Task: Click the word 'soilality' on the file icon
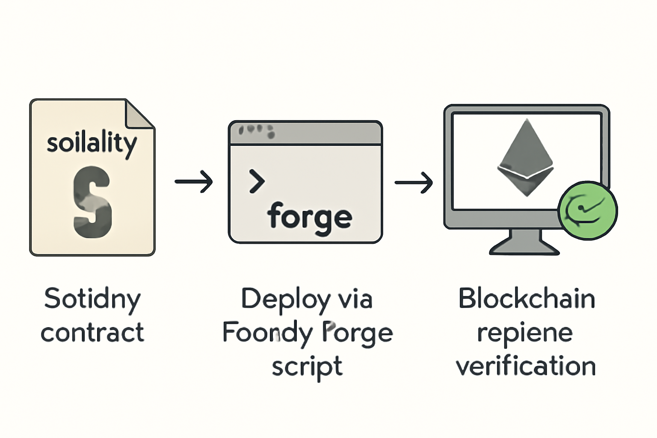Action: [92, 143]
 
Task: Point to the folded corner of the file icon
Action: [139, 115]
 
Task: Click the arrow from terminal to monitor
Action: [414, 183]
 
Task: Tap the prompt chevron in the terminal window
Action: [257, 181]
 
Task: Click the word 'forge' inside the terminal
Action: [310, 217]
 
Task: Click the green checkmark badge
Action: [588, 210]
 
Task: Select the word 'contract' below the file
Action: [92, 333]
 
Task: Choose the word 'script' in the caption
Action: [307, 367]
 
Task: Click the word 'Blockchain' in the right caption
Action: [527, 299]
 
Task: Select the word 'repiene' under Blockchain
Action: [525, 333]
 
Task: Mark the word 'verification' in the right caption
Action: [526, 366]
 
